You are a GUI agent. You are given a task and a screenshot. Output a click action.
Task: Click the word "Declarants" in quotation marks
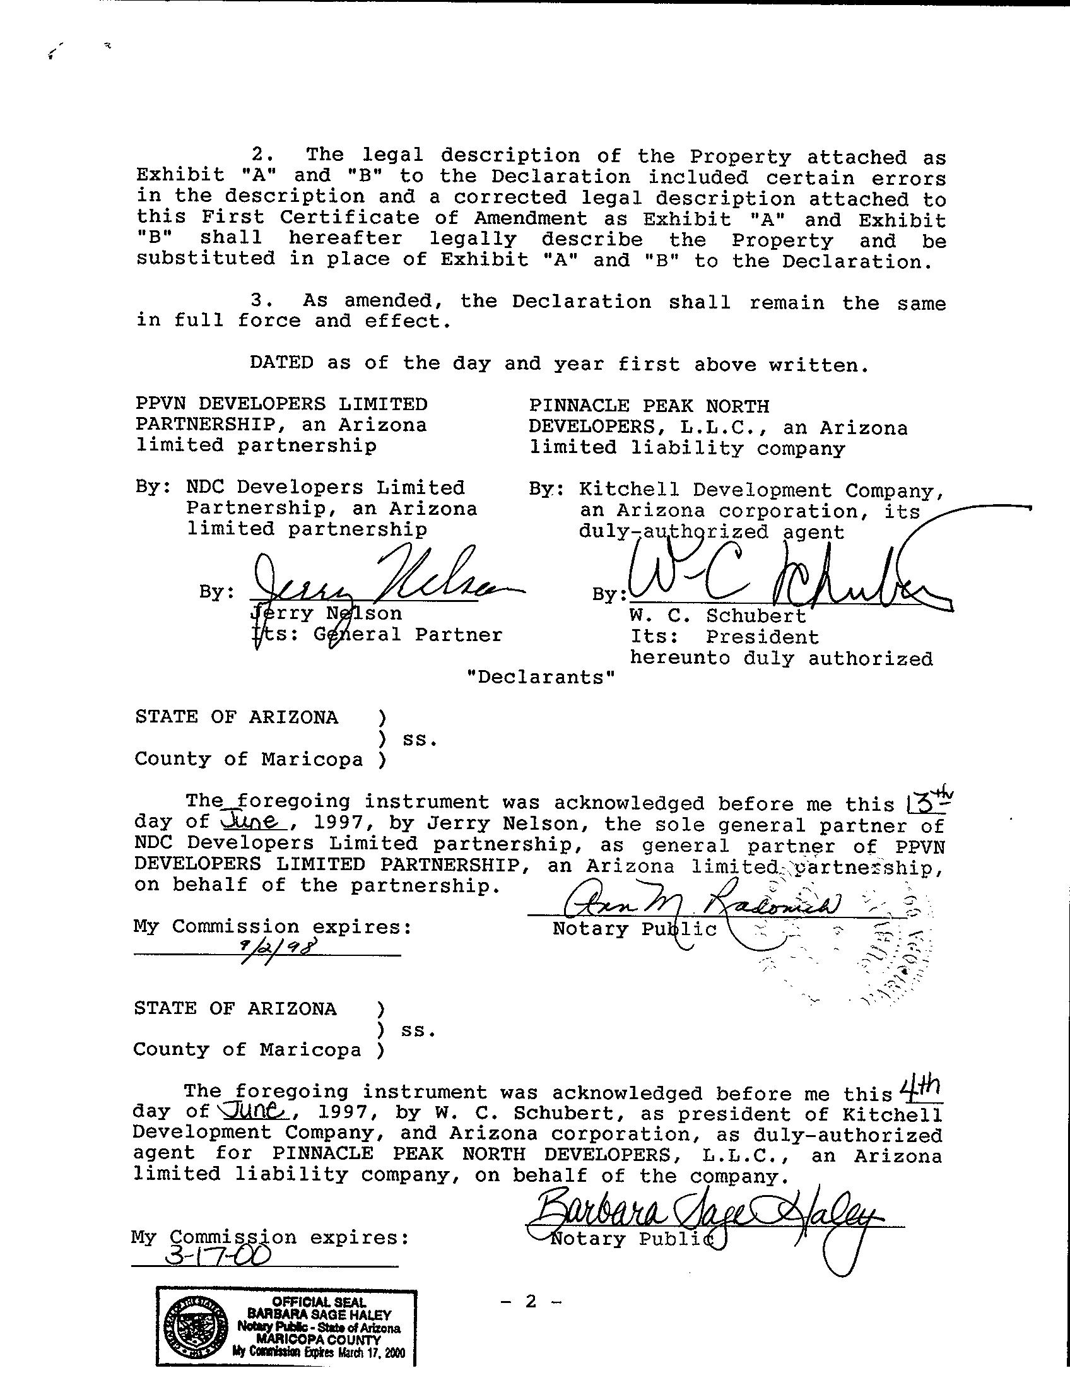tap(540, 678)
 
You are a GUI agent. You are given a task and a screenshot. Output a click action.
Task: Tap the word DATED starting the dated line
tap(281, 363)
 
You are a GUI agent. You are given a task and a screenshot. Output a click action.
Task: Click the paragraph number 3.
tap(256, 301)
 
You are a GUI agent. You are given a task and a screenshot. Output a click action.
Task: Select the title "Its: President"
tap(724, 637)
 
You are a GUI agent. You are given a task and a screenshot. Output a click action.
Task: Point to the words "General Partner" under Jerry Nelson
tap(408, 635)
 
